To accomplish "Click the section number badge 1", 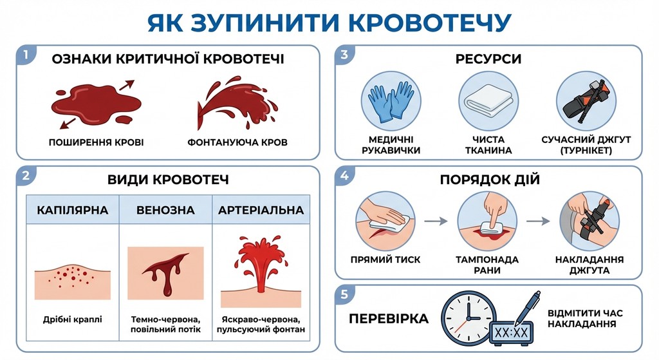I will point(24,54).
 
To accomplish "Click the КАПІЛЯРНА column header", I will point(72,210).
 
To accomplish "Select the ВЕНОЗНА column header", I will point(165,210).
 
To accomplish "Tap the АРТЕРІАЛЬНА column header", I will point(261,210).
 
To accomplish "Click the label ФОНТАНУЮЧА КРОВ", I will point(237,142).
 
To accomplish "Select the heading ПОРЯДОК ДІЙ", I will point(489,180).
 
